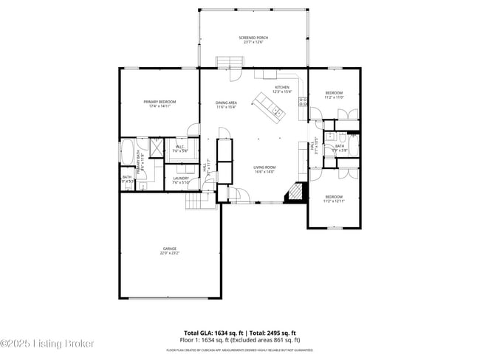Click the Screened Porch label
[x=253, y=37]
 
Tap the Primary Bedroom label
[x=160, y=101]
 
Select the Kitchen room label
[x=283, y=87]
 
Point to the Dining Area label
[x=226, y=103]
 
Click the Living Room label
[x=264, y=167]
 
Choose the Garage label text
[x=170, y=249]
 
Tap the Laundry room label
[x=181, y=178]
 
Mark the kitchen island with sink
[x=269, y=105]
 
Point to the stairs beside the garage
[x=197, y=199]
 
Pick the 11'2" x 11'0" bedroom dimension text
[x=335, y=97]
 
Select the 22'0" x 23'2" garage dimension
[x=170, y=253]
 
